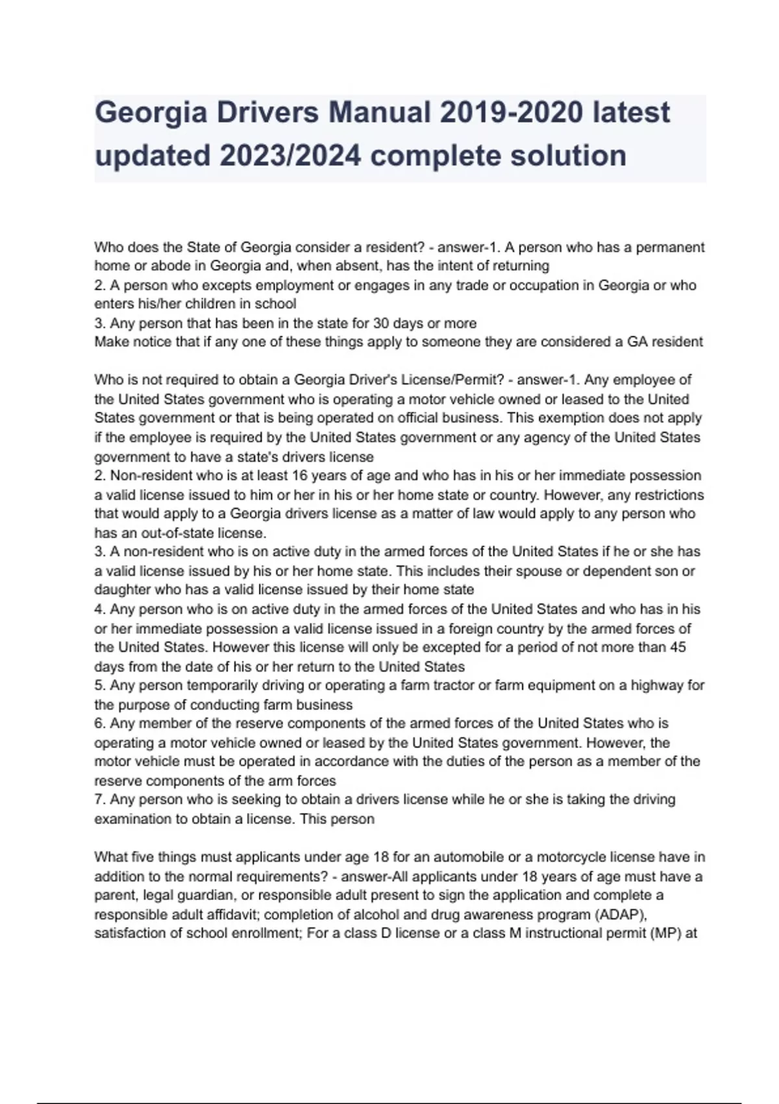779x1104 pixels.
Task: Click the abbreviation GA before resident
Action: pyautogui.click(x=639, y=342)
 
